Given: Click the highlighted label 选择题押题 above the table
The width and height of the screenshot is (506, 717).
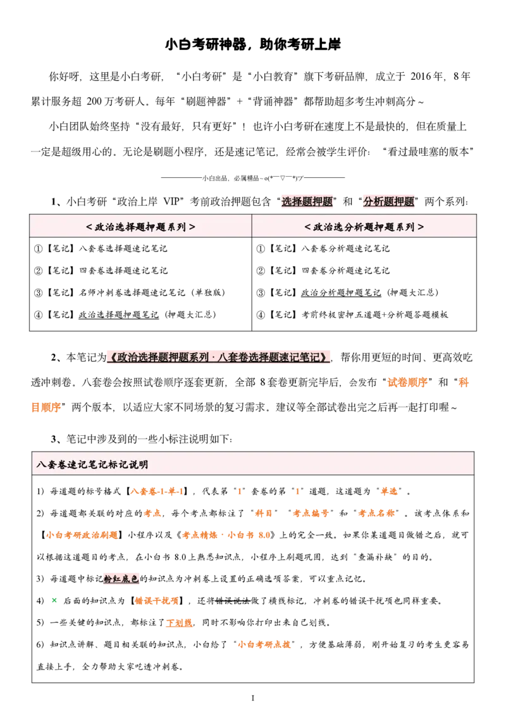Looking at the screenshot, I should [307, 202].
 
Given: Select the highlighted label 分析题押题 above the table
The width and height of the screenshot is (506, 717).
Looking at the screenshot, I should [388, 202].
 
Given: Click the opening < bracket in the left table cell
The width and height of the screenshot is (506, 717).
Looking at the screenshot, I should [89, 227].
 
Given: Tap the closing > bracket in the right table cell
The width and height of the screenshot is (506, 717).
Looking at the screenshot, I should [421, 227].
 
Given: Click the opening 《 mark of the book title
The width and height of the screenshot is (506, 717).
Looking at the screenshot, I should [111, 357].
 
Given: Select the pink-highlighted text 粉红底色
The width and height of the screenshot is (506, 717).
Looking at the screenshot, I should [122, 579].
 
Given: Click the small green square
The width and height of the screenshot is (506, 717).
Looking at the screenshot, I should [55, 599].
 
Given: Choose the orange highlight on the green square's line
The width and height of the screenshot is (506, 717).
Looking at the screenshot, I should [157, 600].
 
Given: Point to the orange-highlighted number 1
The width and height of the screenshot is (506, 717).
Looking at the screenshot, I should [240, 492].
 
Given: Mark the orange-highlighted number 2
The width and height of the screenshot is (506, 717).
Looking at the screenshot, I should [296, 492].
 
